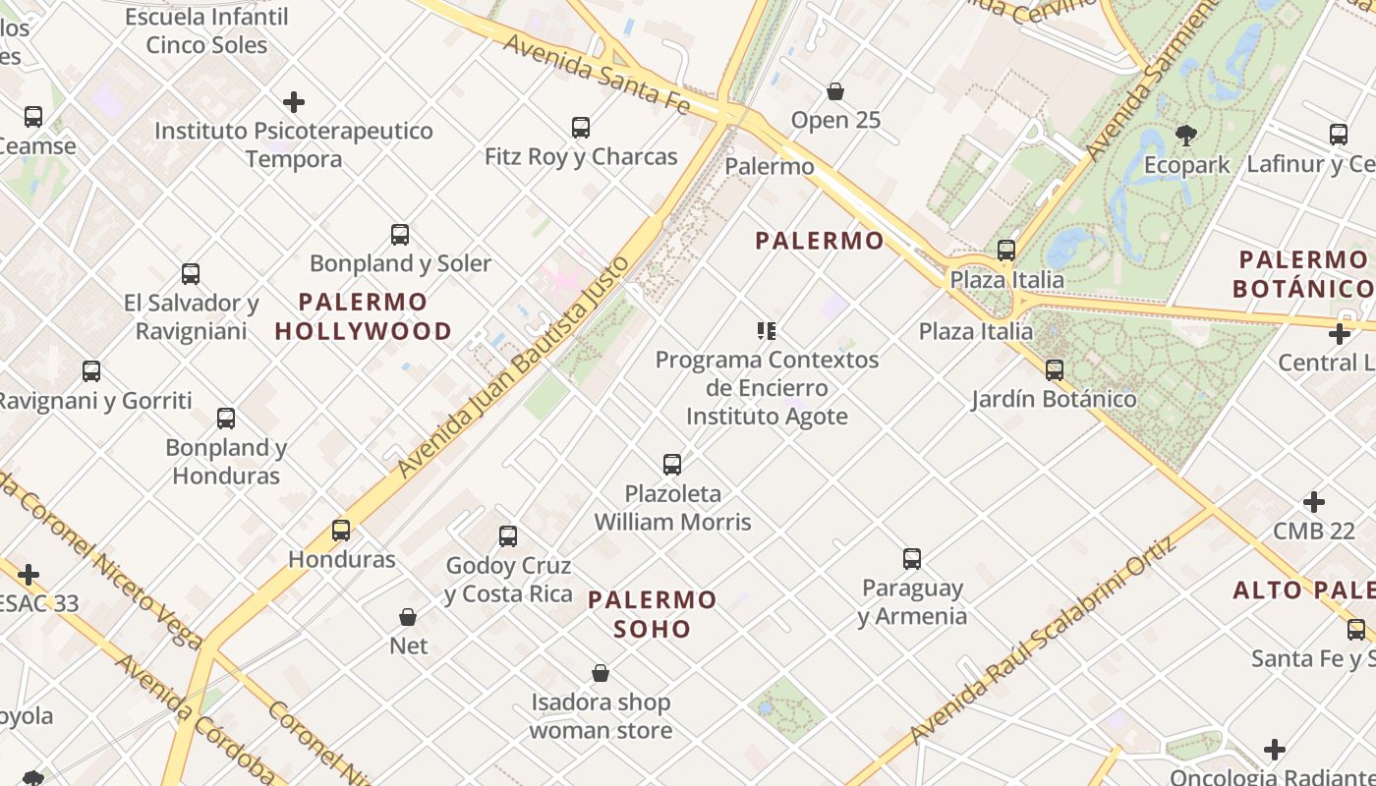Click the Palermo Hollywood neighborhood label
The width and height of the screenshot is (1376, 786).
363,316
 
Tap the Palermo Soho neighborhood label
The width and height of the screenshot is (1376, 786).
653,614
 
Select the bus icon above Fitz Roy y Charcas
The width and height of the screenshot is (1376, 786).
581,128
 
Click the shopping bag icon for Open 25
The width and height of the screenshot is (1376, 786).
835,92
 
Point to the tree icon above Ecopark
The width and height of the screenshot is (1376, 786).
1186,136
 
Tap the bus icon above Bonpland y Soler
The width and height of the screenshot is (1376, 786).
400,235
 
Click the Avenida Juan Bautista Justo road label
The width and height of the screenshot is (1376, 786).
513,366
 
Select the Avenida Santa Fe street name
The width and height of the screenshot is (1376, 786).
596,73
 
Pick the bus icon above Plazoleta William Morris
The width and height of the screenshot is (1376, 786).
672,465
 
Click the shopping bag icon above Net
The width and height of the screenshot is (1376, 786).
408,617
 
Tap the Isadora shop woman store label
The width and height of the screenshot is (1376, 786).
601,716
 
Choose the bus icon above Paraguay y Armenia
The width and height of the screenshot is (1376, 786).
912,559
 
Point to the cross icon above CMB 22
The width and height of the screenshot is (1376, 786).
1314,503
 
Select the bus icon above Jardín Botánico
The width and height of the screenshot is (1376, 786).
1055,370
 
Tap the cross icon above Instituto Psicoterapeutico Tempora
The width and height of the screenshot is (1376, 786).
293,102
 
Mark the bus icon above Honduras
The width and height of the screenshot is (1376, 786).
341,531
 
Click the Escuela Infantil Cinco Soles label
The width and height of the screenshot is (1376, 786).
206,30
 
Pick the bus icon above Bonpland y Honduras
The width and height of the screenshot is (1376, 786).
226,419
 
